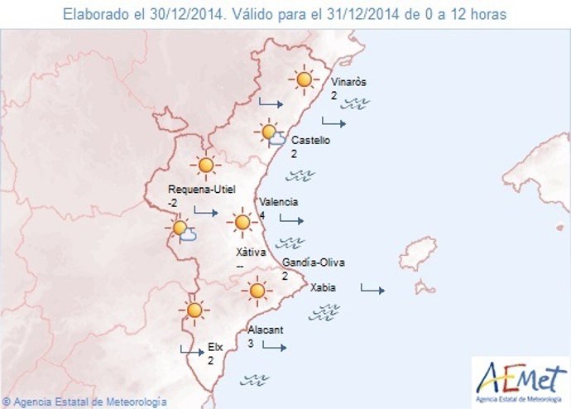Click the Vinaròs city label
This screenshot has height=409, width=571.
coord(348,83)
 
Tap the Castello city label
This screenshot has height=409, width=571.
coord(310,141)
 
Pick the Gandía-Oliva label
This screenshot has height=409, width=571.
coord(314,263)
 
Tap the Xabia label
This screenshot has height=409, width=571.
coord(323,289)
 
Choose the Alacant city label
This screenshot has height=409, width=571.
coord(266,330)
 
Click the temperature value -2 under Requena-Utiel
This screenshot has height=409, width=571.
coord(172,202)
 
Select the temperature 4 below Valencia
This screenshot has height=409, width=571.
coord(262,215)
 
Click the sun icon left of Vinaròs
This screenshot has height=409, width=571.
coord(305,79)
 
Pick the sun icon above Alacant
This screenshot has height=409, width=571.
coord(257,291)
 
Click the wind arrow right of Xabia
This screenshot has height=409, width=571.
coord(372,290)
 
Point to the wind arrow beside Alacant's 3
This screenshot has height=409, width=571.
coord(274,346)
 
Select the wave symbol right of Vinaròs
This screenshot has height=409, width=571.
coord(357,103)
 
